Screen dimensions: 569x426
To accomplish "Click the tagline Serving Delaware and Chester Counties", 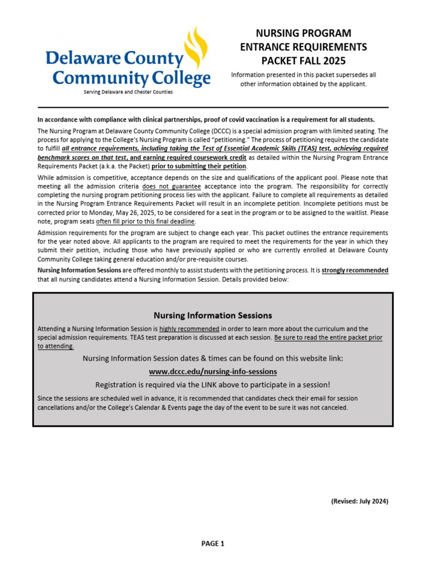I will [x=128, y=92].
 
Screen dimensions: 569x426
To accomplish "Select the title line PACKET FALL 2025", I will [x=303, y=61].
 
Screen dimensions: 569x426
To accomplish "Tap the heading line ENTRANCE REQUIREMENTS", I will [x=303, y=47].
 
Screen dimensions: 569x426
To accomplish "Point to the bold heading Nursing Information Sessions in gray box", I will [x=212, y=316].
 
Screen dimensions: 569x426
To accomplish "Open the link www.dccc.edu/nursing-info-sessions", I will [x=212, y=371].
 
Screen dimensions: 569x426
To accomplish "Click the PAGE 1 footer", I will [x=212, y=544].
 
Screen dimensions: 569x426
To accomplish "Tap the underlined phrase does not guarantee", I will [x=171, y=186].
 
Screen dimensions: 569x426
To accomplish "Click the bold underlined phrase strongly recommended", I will [x=355, y=271].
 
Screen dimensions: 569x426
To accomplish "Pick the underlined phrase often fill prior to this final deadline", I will [x=146, y=221].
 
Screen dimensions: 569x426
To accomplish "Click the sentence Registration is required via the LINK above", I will [x=212, y=385].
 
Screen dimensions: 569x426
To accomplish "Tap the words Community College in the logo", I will [x=131, y=77].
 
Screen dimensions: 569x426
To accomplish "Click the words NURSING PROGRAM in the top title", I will [x=303, y=33].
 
